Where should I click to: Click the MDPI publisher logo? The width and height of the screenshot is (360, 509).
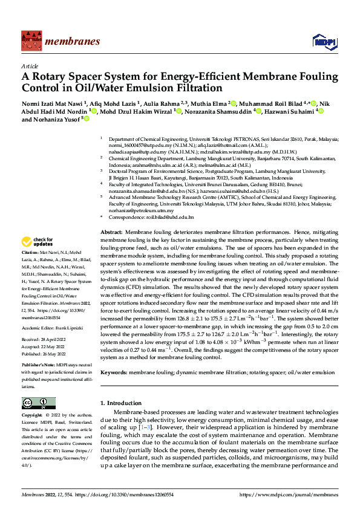323,41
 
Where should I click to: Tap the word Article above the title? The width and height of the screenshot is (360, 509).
30,65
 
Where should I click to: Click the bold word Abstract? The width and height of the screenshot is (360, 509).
111,232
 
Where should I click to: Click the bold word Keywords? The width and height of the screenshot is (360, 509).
113,373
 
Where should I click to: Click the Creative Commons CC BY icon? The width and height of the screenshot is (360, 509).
38,403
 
